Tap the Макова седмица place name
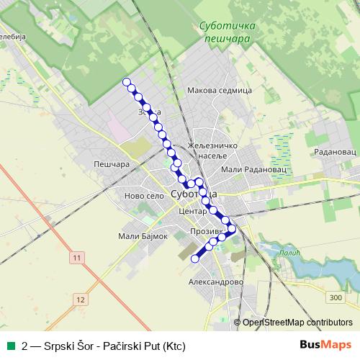tap(218, 91)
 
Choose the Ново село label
tap(145, 196)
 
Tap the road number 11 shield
tap(77, 256)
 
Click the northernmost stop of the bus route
tap(127, 81)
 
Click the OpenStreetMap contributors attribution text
tap(297, 323)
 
